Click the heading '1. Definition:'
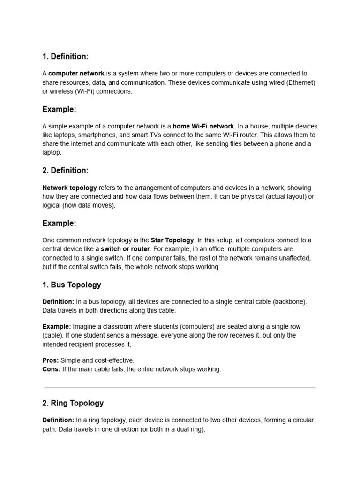pos(65,57)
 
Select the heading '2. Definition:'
pos(65,171)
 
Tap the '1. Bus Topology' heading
pos(71,285)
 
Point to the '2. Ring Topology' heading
pos(73,403)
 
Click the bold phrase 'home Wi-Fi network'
pos(203,126)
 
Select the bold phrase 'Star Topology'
pos(172,240)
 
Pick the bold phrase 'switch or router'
pos(125,249)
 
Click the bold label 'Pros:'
pos(51,360)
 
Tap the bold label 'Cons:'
pos(51,369)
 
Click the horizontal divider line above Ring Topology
pos(180,387)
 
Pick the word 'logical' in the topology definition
pos(51,205)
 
